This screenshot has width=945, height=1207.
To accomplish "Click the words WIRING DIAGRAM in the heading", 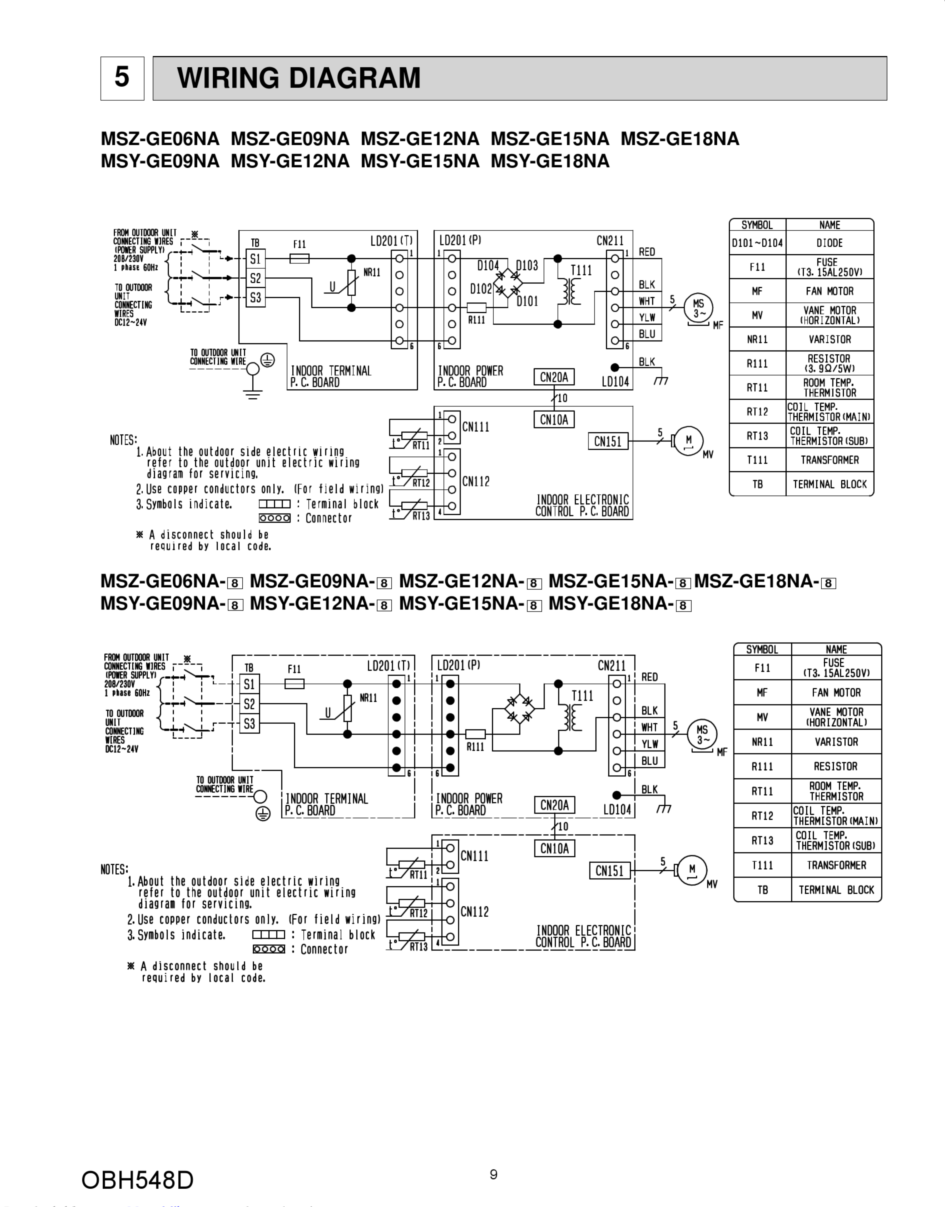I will coord(299,78).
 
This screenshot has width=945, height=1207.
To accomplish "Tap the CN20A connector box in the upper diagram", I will coord(554,377).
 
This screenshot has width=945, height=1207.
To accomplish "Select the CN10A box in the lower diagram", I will coord(554,848).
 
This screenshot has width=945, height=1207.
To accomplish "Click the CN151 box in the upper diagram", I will coord(608,441).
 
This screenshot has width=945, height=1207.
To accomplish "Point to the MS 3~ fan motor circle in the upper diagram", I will coord(698,308).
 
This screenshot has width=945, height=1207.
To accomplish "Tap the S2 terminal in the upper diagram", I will coord(255,278).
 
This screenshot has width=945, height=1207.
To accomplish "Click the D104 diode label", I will coord(488,266).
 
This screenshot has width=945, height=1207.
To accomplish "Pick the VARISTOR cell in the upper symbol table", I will coord(829,339).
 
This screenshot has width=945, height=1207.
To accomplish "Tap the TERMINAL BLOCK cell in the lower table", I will coord(836,890).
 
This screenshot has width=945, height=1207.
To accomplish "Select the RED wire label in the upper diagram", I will coord(647,252).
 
